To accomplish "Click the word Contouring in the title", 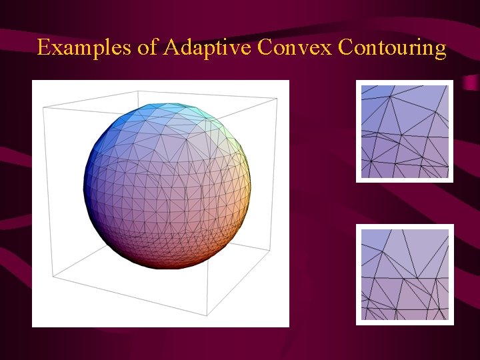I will coord(392,48).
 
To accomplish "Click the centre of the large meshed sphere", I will coord(167,186).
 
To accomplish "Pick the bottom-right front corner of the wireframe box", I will coord(209,314).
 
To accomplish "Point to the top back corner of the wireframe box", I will coord(277,97).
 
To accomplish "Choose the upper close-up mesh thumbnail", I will coord(405,131).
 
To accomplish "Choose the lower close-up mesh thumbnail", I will coord(405,274).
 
